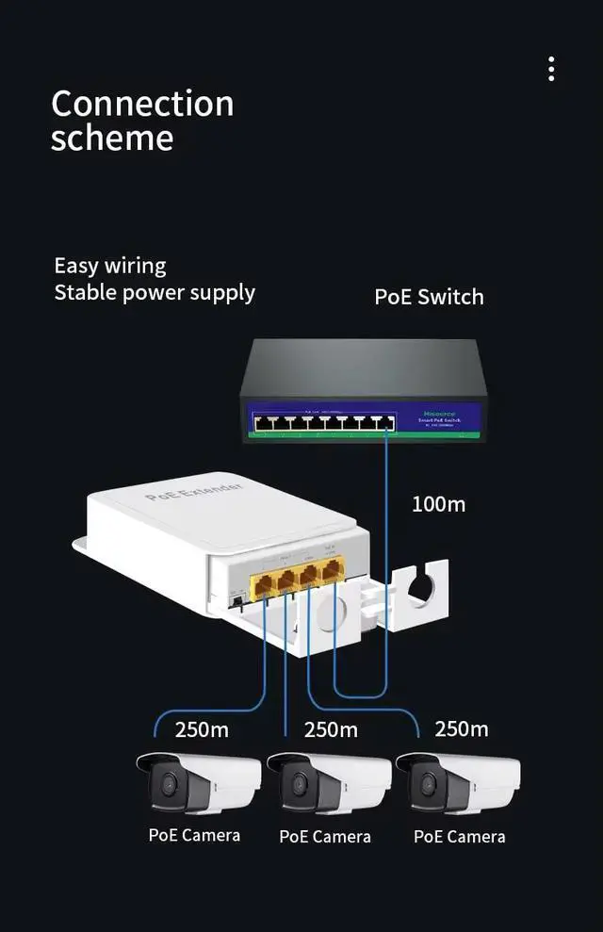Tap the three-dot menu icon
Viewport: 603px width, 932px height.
tap(551, 69)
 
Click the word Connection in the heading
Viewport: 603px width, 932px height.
tap(142, 103)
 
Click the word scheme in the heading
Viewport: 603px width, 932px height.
tap(112, 139)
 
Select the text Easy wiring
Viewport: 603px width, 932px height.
tap(109, 266)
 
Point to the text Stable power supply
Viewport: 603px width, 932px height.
tap(155, 292)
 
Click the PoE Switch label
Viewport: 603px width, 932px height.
tap(429, 297)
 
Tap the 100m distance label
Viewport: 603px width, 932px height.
tap(438, 504)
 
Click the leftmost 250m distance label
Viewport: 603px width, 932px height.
tap(202, 729)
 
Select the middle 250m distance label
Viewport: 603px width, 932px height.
tap(331, 729)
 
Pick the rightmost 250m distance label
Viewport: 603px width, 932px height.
tap(461, 728)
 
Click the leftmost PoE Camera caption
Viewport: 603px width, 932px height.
tap(194, 835)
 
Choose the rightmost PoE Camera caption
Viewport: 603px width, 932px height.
tap(459, 837)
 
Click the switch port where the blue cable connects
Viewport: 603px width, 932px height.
tap(385, 424)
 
